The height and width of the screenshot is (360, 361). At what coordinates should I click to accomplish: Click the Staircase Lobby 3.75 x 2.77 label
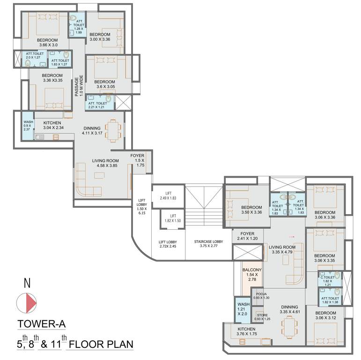tap(209, 244)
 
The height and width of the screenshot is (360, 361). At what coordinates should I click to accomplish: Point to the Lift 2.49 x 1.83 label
tap(167, 196)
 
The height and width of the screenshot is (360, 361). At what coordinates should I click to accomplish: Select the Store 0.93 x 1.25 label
tap(262, 317)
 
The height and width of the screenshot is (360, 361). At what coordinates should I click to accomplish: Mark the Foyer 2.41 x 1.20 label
tap(247, 236)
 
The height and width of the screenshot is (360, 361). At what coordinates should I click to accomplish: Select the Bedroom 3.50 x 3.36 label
tap(251, 210)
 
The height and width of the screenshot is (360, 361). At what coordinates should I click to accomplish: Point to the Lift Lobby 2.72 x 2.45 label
tap(167, 244)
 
